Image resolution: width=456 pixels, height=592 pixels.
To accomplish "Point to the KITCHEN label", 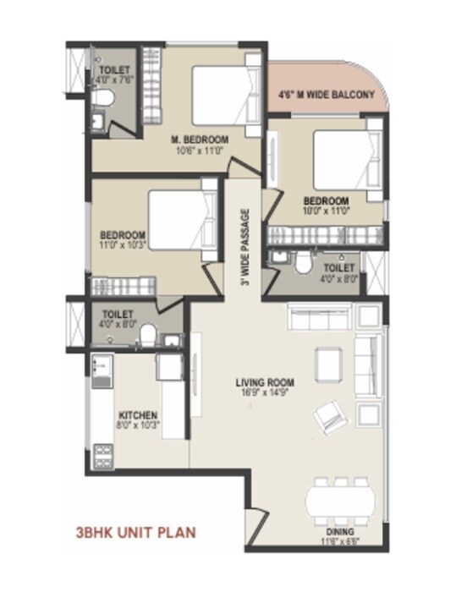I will tap(138, 415).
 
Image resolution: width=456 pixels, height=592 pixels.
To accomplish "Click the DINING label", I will tap(339, 533).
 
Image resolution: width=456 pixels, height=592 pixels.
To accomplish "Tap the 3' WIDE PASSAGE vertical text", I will tap(244, 244).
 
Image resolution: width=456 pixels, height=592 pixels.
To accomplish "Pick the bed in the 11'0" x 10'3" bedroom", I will tap(179, 218).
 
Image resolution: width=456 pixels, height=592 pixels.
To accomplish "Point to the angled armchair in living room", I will tap(327, 418).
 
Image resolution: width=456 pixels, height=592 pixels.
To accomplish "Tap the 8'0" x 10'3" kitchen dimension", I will tap(138, 425).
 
